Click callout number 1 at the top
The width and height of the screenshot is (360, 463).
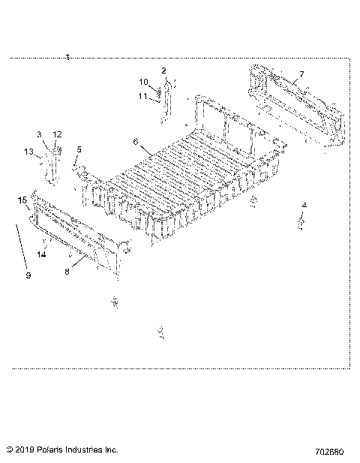(67, 57)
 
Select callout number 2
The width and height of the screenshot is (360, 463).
(163, 70)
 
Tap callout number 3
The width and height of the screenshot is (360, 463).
(39, 134)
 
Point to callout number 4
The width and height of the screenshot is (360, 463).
(304, 205)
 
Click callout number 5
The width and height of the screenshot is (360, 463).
(79, 149)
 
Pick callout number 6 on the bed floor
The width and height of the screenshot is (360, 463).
(136, 141)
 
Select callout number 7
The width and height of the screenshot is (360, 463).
(301, 74)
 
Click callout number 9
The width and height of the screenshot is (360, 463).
(28, 275)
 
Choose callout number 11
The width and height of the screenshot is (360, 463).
(142, 96)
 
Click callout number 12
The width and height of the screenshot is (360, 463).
(57, 134)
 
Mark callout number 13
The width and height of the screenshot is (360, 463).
(28, 152)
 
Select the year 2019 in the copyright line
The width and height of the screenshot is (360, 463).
(25, 450)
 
